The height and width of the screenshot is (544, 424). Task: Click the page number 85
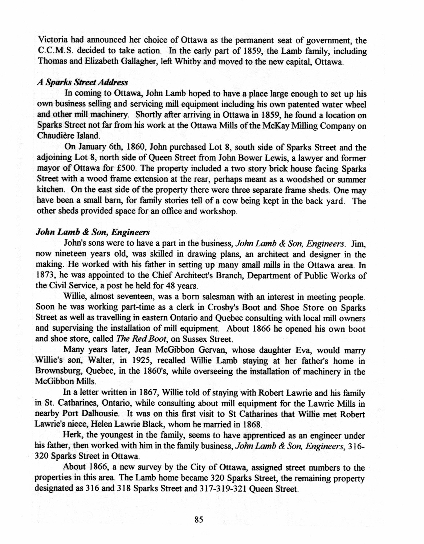[x=198, y=519]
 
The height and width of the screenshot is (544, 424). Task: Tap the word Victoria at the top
[x=52, y=39]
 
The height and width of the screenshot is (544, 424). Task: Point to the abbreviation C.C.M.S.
[x=52, y=50]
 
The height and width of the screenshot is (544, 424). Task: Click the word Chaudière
[x=56, y=136]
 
